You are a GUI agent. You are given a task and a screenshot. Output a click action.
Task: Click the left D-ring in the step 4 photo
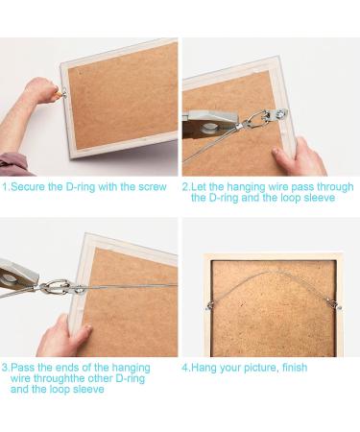[210, 305]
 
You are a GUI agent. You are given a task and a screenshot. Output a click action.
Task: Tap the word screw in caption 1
[152, 187]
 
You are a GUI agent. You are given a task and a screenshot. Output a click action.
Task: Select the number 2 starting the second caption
[185, 187]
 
